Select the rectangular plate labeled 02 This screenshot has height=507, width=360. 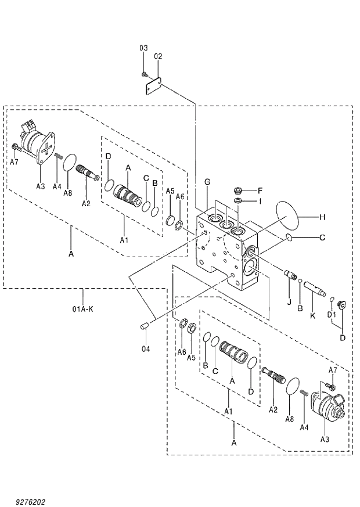153,85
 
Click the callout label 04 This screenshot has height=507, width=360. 145,349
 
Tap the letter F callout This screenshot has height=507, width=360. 261,190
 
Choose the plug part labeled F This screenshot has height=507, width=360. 237,190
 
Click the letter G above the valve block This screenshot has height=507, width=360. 207,182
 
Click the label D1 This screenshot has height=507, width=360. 331,314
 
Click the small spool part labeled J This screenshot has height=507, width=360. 291,274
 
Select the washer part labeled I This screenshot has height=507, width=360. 238,201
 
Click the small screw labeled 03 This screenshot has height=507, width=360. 144,74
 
